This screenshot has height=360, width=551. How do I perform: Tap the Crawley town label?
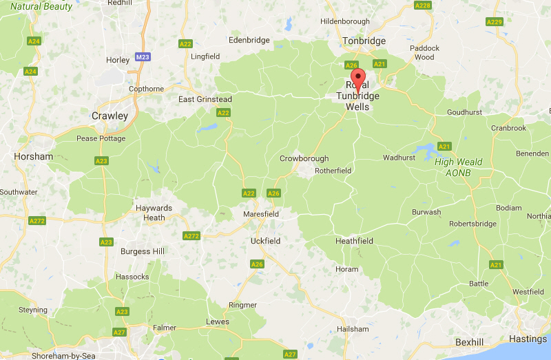110,116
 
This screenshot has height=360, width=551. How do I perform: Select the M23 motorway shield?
143,57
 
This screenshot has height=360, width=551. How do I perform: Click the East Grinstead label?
205,100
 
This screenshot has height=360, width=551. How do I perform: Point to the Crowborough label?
304,159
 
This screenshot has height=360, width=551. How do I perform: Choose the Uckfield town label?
265,241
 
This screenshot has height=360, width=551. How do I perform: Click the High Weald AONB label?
458,167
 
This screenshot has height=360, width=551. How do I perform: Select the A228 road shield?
423,6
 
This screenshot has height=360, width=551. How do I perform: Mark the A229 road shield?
494,22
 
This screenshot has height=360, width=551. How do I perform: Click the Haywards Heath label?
154,213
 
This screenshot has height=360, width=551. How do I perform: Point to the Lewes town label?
218,321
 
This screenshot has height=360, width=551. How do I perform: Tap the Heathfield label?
354,242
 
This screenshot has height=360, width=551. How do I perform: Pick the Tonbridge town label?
364,41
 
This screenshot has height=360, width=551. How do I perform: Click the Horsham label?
33,157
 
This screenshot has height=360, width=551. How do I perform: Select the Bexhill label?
470,342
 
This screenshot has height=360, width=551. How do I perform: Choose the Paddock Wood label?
424,52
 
